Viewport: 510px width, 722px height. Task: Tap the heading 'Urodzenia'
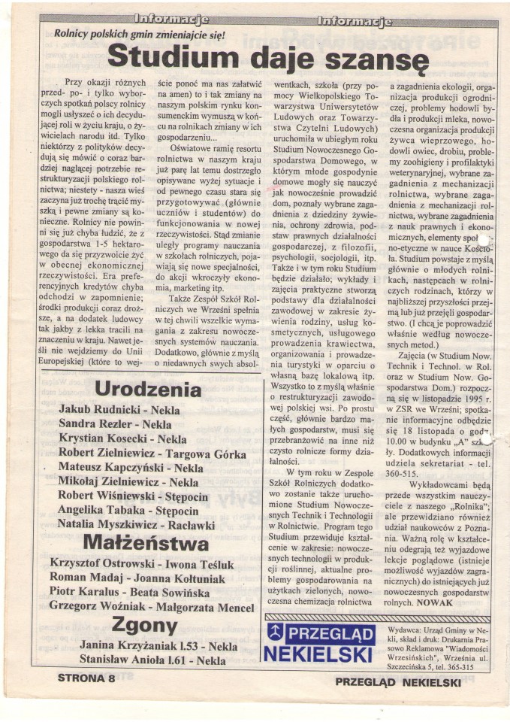click(x=148, y=389)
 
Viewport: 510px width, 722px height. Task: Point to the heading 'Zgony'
click(x=145, y=624)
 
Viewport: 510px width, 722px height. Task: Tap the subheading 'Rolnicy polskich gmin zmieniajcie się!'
click(x=139, y=34)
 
